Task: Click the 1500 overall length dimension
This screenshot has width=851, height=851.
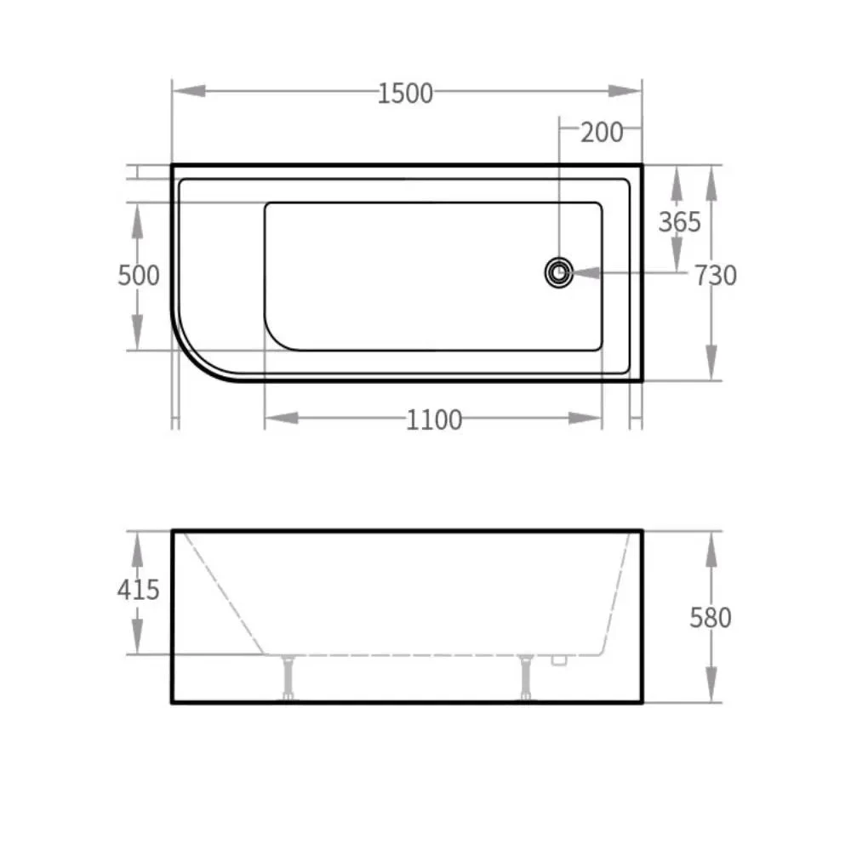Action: coord(406,93)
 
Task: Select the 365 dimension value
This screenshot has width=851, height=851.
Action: coord(680,222)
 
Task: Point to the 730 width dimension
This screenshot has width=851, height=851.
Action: coord(715,276)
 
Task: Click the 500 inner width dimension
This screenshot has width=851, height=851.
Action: coord(138,276)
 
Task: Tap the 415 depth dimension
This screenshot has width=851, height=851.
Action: coord(138,589)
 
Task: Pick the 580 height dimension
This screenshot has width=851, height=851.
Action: coord(711,617)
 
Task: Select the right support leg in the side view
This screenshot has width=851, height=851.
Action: coord(528,677)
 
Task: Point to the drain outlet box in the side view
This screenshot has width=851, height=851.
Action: coord(559,659)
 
